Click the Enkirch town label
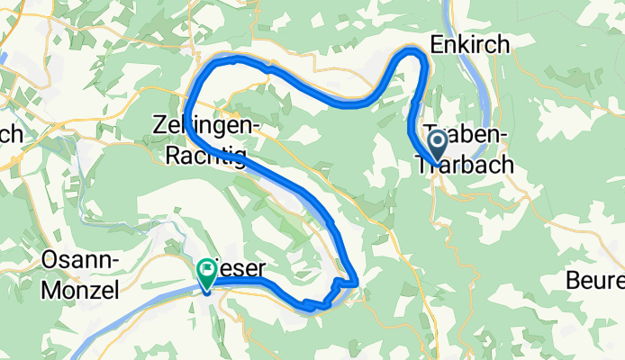pos(471,43)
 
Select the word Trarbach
pos(464,165)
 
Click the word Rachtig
pos(205,157)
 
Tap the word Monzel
pos(79,291)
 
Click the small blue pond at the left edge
pos(3,57)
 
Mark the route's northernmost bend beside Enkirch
pos(414,52)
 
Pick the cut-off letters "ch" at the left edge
pos(11,133)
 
